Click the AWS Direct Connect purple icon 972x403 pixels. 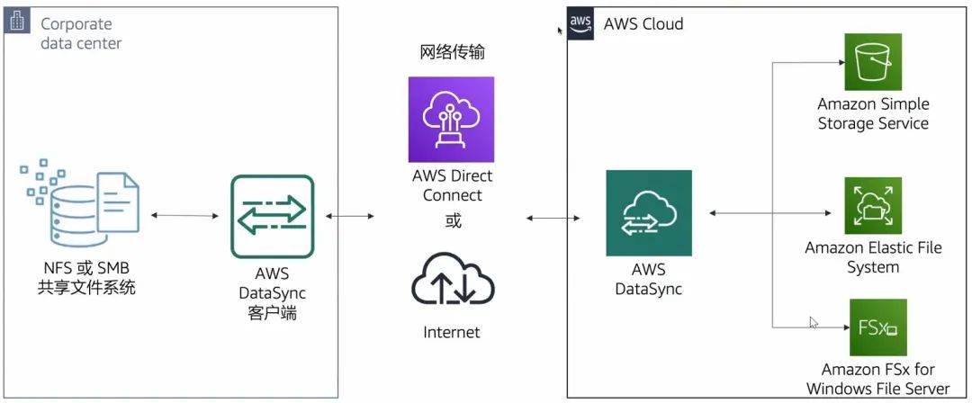click(451, 120)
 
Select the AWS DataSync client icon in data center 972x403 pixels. click(272, 217)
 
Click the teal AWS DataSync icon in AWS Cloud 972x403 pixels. click(648, 213)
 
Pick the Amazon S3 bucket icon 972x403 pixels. click(872, 62)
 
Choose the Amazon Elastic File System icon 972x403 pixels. click(872, 206)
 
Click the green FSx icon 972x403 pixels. click(877, 327)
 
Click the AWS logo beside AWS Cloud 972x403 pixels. click(581, 23)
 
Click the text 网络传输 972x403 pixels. click(452, 52)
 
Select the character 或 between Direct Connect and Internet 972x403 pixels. click(453, 220)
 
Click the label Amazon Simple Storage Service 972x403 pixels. click(873, 114)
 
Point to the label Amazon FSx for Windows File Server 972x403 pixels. click(877, 379)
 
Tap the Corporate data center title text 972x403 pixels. click(81, 33)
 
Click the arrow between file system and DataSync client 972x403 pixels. click(185, 216)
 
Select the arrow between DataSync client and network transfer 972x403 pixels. click(351, 216)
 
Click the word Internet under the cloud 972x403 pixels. click(452, 332)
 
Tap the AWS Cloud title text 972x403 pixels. click(643, 24)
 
